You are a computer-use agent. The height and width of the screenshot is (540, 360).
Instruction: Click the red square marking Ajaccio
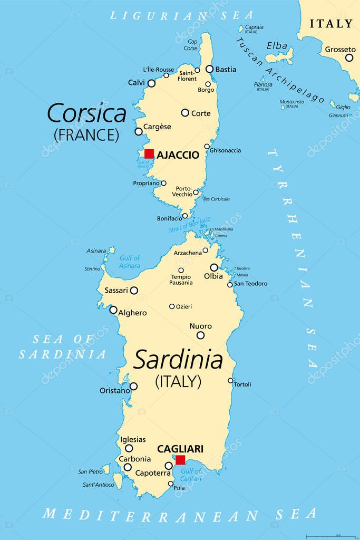[x=149, y=153]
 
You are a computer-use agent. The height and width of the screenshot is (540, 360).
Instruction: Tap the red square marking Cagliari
[x=180, y=460]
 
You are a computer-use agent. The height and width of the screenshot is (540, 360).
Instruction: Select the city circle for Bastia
[x=209, y=69]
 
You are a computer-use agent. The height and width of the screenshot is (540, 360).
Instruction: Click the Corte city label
[x=201, y=113]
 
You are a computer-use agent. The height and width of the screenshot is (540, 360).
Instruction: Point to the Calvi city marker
[x=151, y=83]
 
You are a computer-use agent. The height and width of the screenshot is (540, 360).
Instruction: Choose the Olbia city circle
[x=214, y=267]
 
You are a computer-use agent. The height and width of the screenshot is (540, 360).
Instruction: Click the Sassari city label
[x=115, y=291]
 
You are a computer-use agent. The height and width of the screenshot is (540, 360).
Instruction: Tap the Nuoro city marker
[x=200, y=335]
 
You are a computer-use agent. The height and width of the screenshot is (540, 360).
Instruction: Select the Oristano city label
[x=114, y=391]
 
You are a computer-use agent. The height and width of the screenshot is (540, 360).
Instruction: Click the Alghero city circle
[x=113, y=310]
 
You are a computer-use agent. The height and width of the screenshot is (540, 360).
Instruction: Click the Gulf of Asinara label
[x=129, y=262]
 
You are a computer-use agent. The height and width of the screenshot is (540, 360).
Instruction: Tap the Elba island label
[x=277, y=46]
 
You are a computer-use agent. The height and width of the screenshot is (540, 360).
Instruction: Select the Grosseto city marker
[x=349, y=57]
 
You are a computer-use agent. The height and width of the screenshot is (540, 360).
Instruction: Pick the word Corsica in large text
[x=86, y=113]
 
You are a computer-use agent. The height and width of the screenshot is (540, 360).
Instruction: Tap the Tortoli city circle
[x=230, y=380]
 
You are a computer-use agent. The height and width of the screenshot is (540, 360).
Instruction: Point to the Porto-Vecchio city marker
[x=196, y=192]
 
